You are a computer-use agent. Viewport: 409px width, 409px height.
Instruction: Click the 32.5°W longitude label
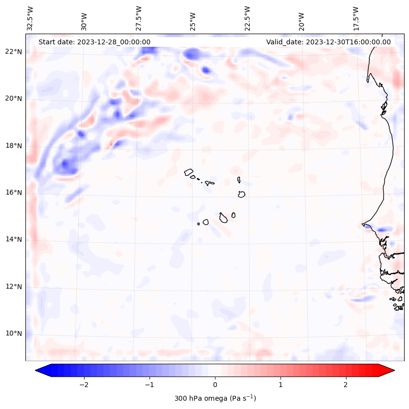pyautogui.click(x=30, y=19)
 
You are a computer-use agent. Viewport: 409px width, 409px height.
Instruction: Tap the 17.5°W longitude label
pyautogui.click(x=356, y=19)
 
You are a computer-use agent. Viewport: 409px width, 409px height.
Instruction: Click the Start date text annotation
pyautogui.click(x=94, y=42)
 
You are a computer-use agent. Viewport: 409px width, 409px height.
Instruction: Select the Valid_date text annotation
pyautogui.click(x=328, y=42)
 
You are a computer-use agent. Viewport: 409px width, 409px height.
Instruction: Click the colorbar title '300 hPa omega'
pyautogui.click(x=215, y=398)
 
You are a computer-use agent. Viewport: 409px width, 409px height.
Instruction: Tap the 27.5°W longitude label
pyautogui.click(x=139, y=19)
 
